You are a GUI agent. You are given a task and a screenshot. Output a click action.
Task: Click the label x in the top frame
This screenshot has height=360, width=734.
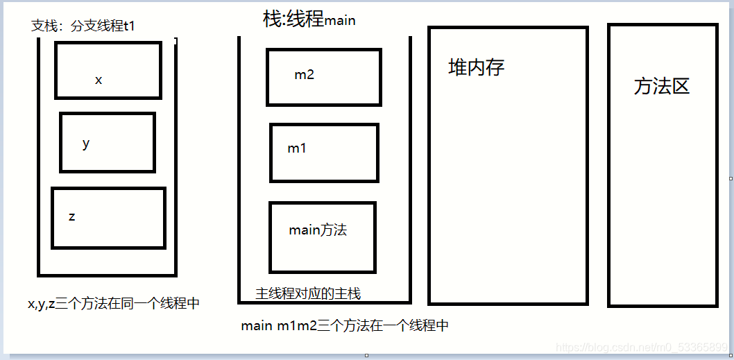(99, 80)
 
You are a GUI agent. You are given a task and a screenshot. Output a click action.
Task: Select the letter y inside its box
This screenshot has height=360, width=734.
(86, 144)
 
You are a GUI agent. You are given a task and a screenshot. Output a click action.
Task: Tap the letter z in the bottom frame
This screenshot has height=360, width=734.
(71, 216)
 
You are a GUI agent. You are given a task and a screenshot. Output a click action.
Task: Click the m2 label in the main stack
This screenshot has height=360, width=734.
(304, 75)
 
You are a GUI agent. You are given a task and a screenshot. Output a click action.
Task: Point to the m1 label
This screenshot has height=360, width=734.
(297, 148)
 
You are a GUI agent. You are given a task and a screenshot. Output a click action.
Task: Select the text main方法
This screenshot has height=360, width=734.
(318, 230)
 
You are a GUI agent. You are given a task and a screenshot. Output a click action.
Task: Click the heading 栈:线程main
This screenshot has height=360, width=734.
(309, 19)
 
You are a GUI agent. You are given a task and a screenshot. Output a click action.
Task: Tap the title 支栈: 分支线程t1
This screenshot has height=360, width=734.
(83, 26)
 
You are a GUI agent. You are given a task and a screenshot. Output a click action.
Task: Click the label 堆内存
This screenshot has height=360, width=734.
(476, 67)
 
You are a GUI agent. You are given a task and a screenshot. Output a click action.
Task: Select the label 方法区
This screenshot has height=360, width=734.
(661, 86)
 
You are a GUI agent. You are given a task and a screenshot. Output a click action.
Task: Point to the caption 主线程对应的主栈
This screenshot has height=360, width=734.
(308, 294)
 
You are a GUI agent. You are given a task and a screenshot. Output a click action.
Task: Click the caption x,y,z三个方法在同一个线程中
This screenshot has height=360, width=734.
(114, 303)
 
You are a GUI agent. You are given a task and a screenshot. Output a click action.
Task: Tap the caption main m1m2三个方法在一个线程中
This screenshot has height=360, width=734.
(345, 325)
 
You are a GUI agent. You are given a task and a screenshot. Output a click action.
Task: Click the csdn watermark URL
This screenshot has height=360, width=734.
(642, 346)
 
